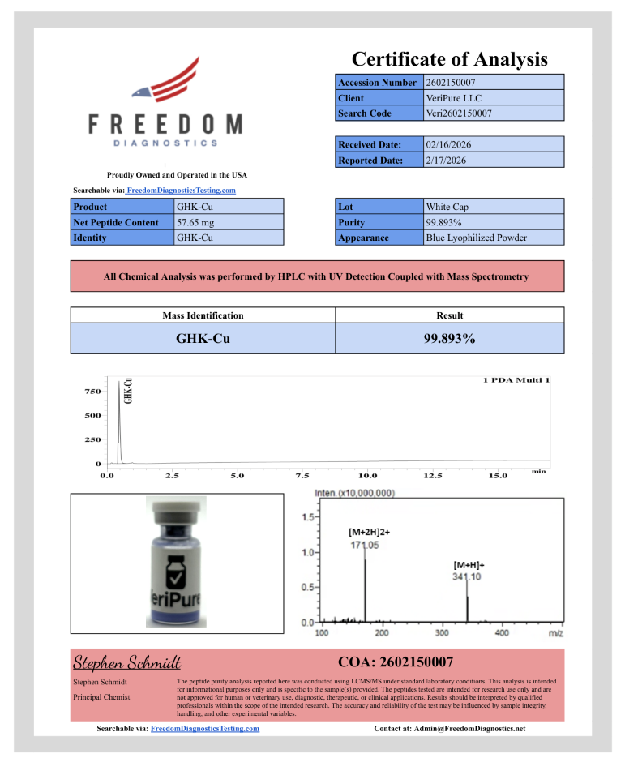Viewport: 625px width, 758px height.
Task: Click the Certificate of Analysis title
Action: point(450,59)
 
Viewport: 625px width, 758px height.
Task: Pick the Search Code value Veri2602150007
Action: point(459,113)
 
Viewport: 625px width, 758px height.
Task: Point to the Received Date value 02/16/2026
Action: point(448,144)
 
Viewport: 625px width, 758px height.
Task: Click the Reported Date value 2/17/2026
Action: point(447,160)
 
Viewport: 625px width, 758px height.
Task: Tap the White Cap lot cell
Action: point(447,207)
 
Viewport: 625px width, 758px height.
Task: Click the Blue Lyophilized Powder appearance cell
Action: point(476,238)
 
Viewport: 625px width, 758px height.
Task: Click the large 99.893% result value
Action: point(449,339)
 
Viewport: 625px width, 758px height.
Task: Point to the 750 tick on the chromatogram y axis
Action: point(92,392)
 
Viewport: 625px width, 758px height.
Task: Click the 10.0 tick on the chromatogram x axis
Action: point(367,476)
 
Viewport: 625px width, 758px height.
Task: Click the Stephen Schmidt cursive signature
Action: point(127,662)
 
